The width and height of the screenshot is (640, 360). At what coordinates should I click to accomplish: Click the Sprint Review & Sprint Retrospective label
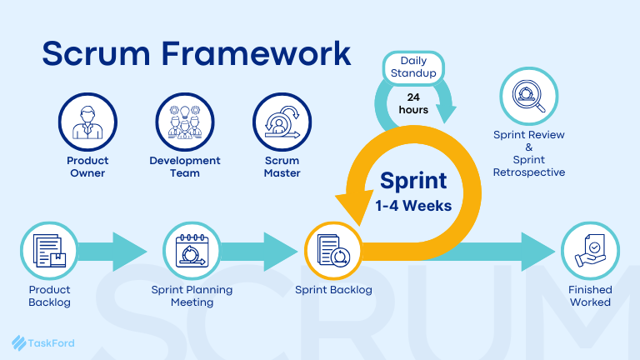[x=529, y=153]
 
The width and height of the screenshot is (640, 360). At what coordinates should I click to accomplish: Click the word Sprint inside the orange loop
[x=413, y=180]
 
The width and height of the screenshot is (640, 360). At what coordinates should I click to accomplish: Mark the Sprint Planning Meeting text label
[x=192, y=296]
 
